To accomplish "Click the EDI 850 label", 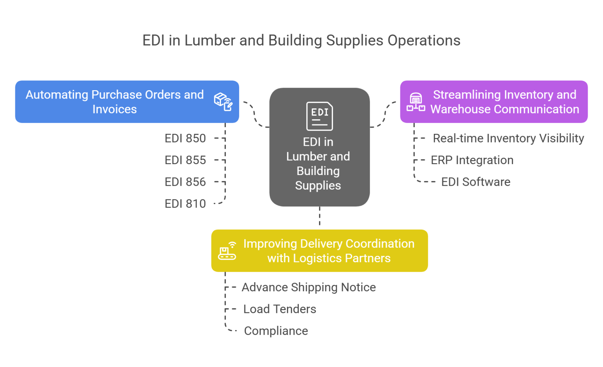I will pos(185,138).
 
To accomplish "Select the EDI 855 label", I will pos(185,160).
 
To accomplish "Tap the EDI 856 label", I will pos(185,182).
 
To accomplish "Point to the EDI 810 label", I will pos(185,204).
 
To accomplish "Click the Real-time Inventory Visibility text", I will pos(508,138).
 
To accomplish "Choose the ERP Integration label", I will pos(472,160).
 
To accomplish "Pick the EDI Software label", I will pos(476,182).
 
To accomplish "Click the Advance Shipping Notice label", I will pos(309,287).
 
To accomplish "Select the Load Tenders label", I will pos(280,309).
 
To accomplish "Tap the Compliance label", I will pos(276,331).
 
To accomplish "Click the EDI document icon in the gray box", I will pos(319,116).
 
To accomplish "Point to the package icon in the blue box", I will pos(223,102).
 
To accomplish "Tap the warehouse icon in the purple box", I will pos(416,102).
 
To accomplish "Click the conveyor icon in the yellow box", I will pos(227,251).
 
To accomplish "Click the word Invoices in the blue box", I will pos(115,109).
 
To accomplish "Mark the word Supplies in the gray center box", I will pos(318,185).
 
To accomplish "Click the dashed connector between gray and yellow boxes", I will pos(320,217).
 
